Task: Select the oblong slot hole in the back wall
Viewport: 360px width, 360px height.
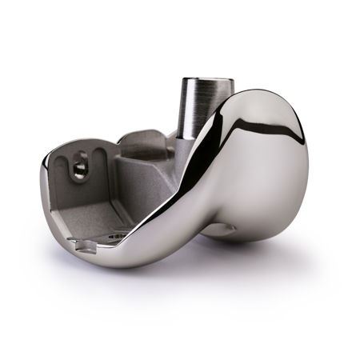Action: pyautogui.click(x=78, y=166)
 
